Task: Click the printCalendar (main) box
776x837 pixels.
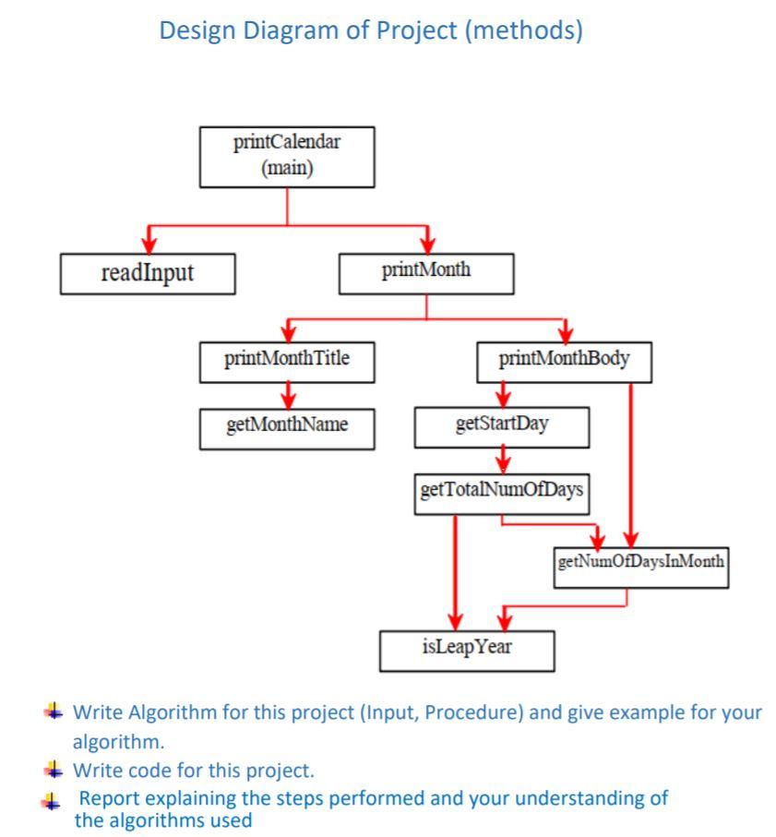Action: [x=287, y=157]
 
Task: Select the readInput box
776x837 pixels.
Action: [x=147, y=273]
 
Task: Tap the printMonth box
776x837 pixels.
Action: [x=425, y=273]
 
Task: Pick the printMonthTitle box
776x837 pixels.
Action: [x=287, y=361]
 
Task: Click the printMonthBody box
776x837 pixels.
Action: [x=564, y=361]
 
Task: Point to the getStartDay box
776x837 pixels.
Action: [x=502, y=427]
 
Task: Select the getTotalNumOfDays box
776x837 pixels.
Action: [x=501, y=490]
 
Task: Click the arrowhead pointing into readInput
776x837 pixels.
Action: [x=147, y=244]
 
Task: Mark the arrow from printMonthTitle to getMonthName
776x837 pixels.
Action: [x=287, y=394]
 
